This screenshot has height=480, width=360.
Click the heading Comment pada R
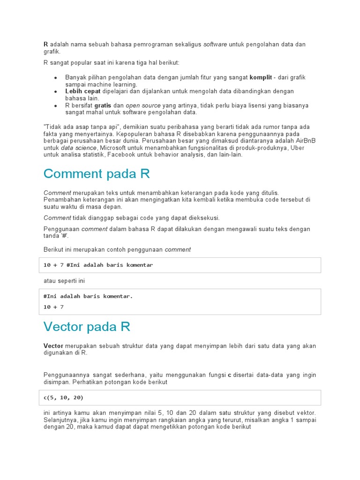(97, 174)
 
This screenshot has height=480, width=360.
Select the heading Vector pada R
(87, 326)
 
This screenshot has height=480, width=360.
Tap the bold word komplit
(261, 77)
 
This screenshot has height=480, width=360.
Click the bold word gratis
(102, 105)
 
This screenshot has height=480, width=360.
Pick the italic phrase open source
(143, 105)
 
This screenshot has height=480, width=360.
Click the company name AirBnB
(295, 141)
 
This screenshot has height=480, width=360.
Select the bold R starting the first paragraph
(46, 45)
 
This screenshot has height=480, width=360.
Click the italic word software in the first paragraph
(215, 45)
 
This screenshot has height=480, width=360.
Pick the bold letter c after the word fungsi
(230, 375)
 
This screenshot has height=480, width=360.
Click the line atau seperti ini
(64, 281)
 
